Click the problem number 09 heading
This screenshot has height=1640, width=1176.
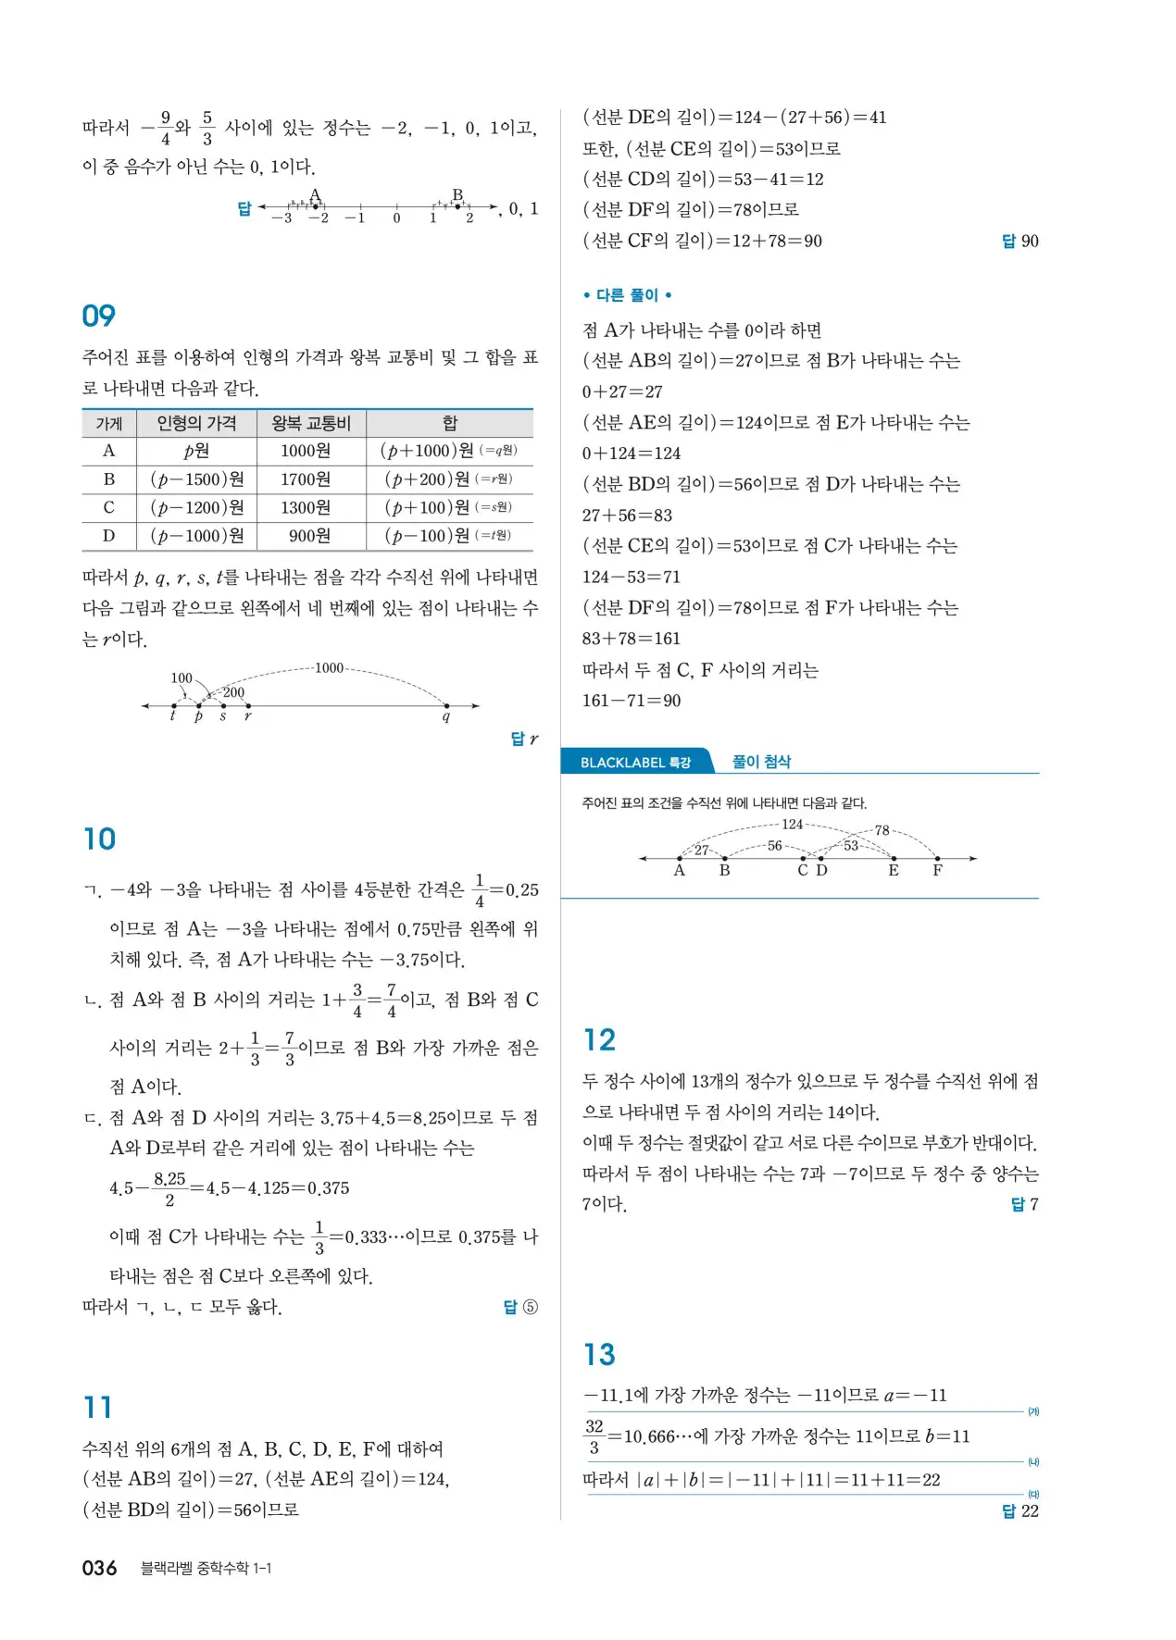[98, 316]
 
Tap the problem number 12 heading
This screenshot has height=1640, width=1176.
[599, 1039]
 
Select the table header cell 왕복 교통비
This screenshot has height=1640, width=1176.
[311, 424]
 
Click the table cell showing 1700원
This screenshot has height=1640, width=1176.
[306, 479]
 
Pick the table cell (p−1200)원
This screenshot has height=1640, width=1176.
[196, 508]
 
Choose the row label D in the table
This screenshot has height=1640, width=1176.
[108, 536]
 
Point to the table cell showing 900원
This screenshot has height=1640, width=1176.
[309, 536]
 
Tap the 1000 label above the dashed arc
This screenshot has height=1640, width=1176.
[329, 668]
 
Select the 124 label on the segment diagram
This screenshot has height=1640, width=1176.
[793, 824]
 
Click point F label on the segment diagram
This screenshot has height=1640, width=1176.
[937, 871]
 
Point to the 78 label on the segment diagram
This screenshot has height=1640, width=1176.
[882, 830]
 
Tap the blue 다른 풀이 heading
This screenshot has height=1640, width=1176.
[627, 295]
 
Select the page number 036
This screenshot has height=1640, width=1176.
[99, 1568]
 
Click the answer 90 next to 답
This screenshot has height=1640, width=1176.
[1030, 242]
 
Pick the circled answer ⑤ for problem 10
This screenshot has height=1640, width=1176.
[530, 1307]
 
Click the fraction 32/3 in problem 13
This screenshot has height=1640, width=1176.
[594, 1436]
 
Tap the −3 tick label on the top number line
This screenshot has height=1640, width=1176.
[281, 218]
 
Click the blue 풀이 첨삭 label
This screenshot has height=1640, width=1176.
[761, 762]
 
